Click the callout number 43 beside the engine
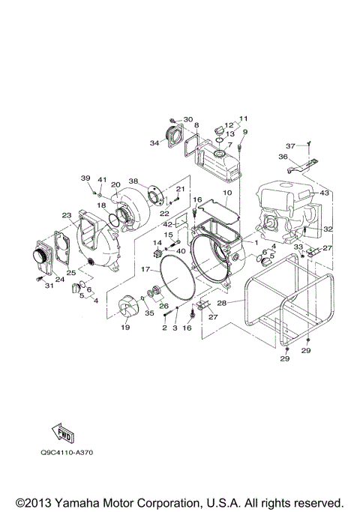point(325,193)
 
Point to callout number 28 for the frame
point(221,304)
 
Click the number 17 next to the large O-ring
point(145,268)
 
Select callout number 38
point(134,181)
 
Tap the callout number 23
point(67,215)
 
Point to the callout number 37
point(290,145)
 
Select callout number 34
point(154,142)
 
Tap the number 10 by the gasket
point(227,193)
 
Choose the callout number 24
point(60,280)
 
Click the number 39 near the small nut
point(86,178)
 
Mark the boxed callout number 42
point(169,223)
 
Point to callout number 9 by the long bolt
point(244,133)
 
